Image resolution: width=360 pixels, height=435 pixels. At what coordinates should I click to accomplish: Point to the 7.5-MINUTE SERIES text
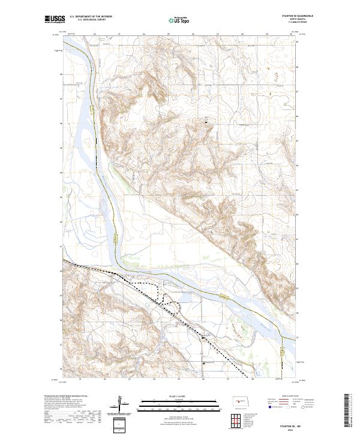(289, 23)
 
